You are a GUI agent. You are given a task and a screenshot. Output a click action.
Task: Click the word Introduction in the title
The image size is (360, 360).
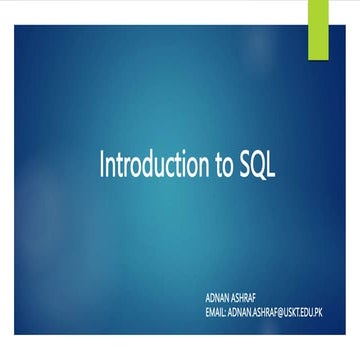[152, 166]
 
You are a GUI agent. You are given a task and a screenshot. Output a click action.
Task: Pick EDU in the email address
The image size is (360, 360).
[323, 312]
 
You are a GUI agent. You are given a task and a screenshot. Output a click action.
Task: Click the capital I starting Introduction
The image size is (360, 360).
[101, 165]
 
